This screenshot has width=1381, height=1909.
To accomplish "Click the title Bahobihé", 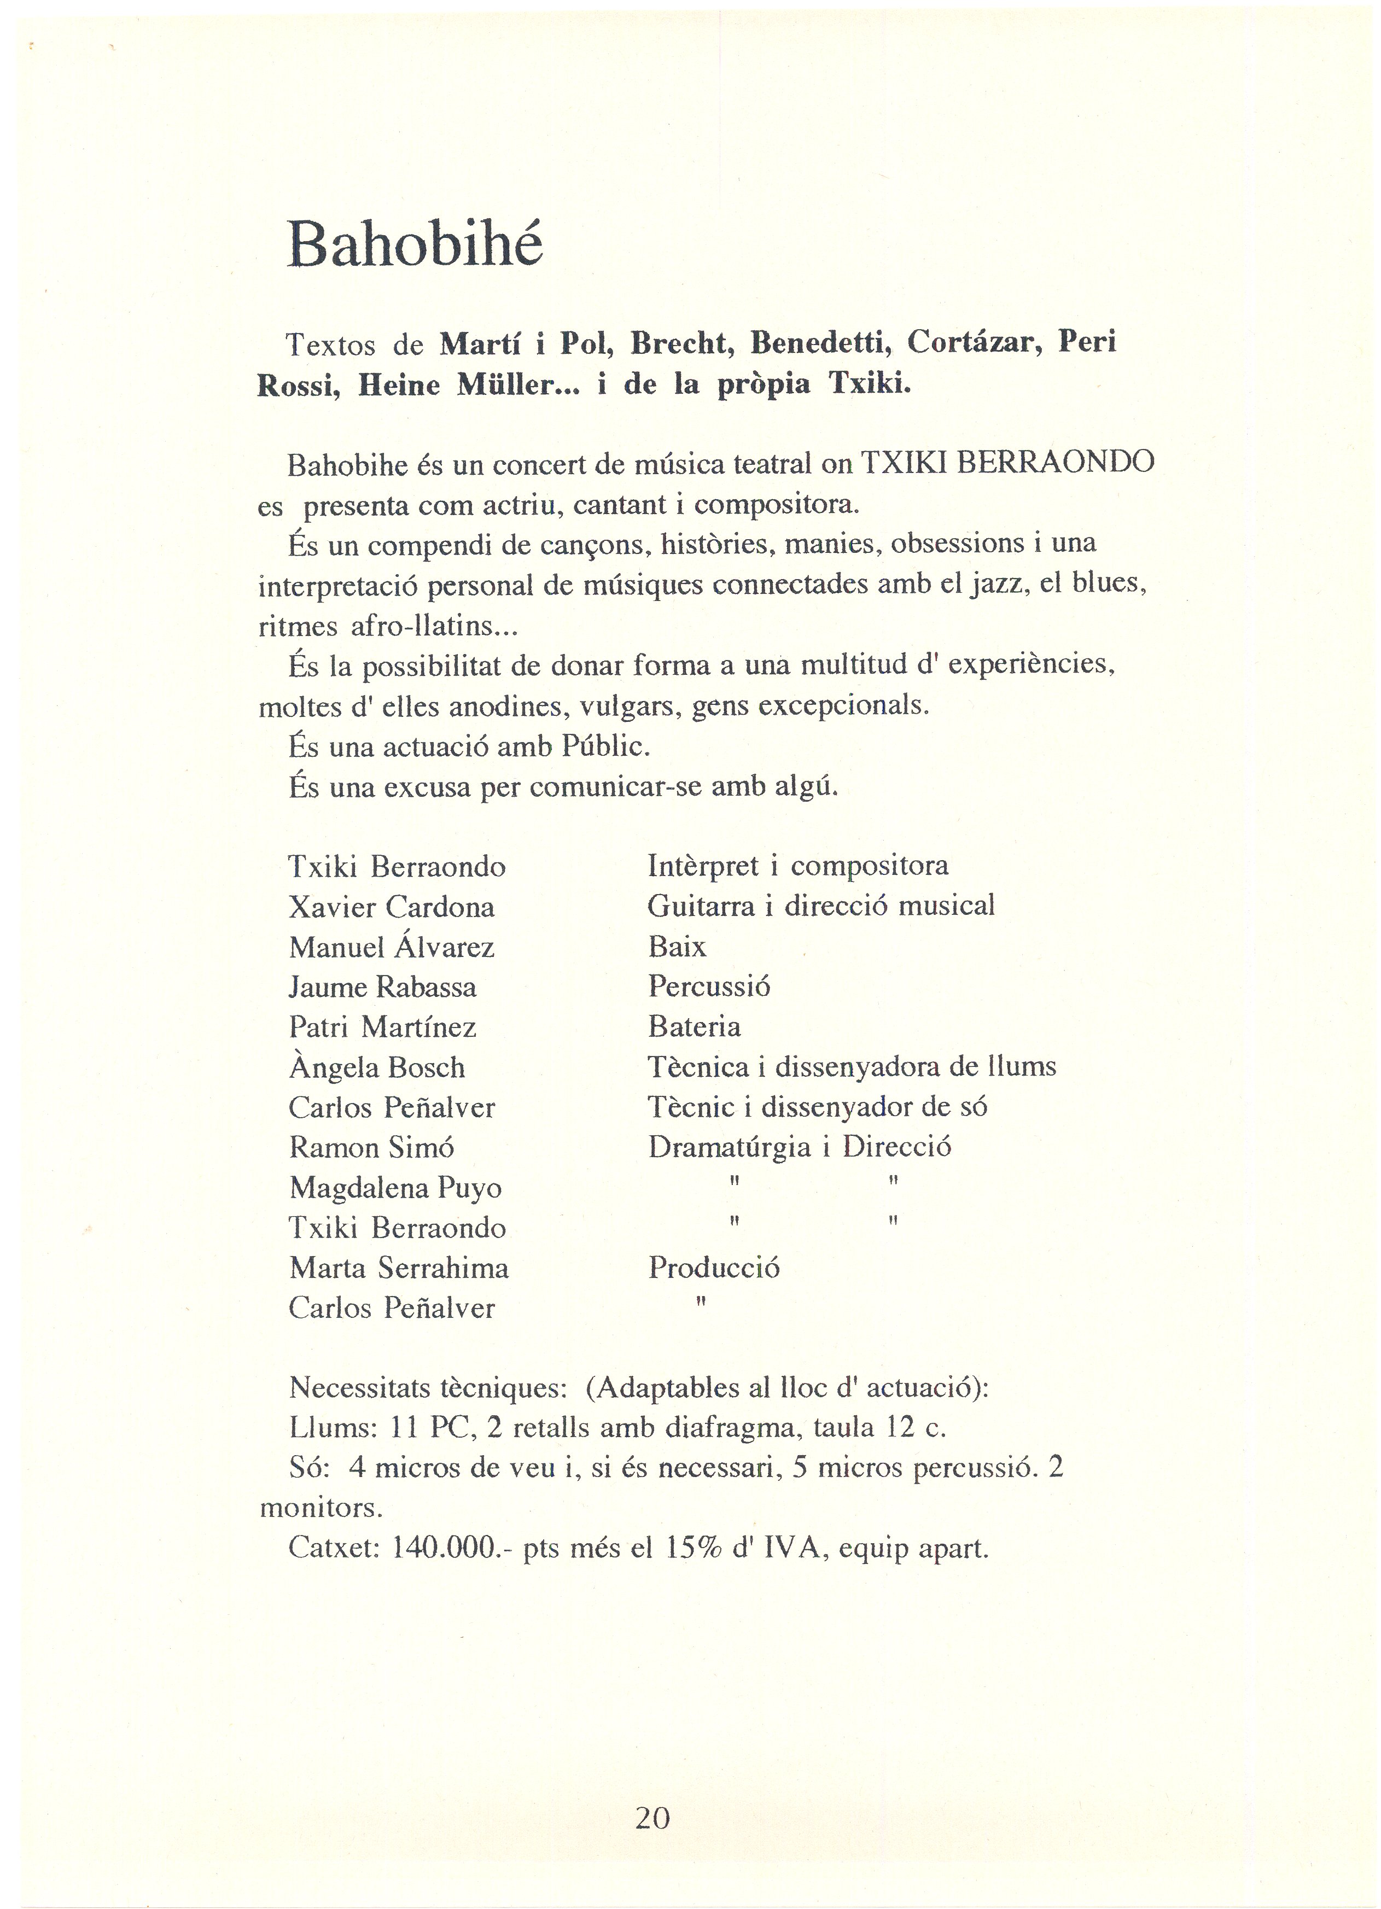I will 415,244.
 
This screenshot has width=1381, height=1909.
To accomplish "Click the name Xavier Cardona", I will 392,907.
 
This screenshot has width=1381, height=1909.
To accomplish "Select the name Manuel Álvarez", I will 392,948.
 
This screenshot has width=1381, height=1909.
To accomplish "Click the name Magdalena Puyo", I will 395,1188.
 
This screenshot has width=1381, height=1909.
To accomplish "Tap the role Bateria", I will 695,1027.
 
